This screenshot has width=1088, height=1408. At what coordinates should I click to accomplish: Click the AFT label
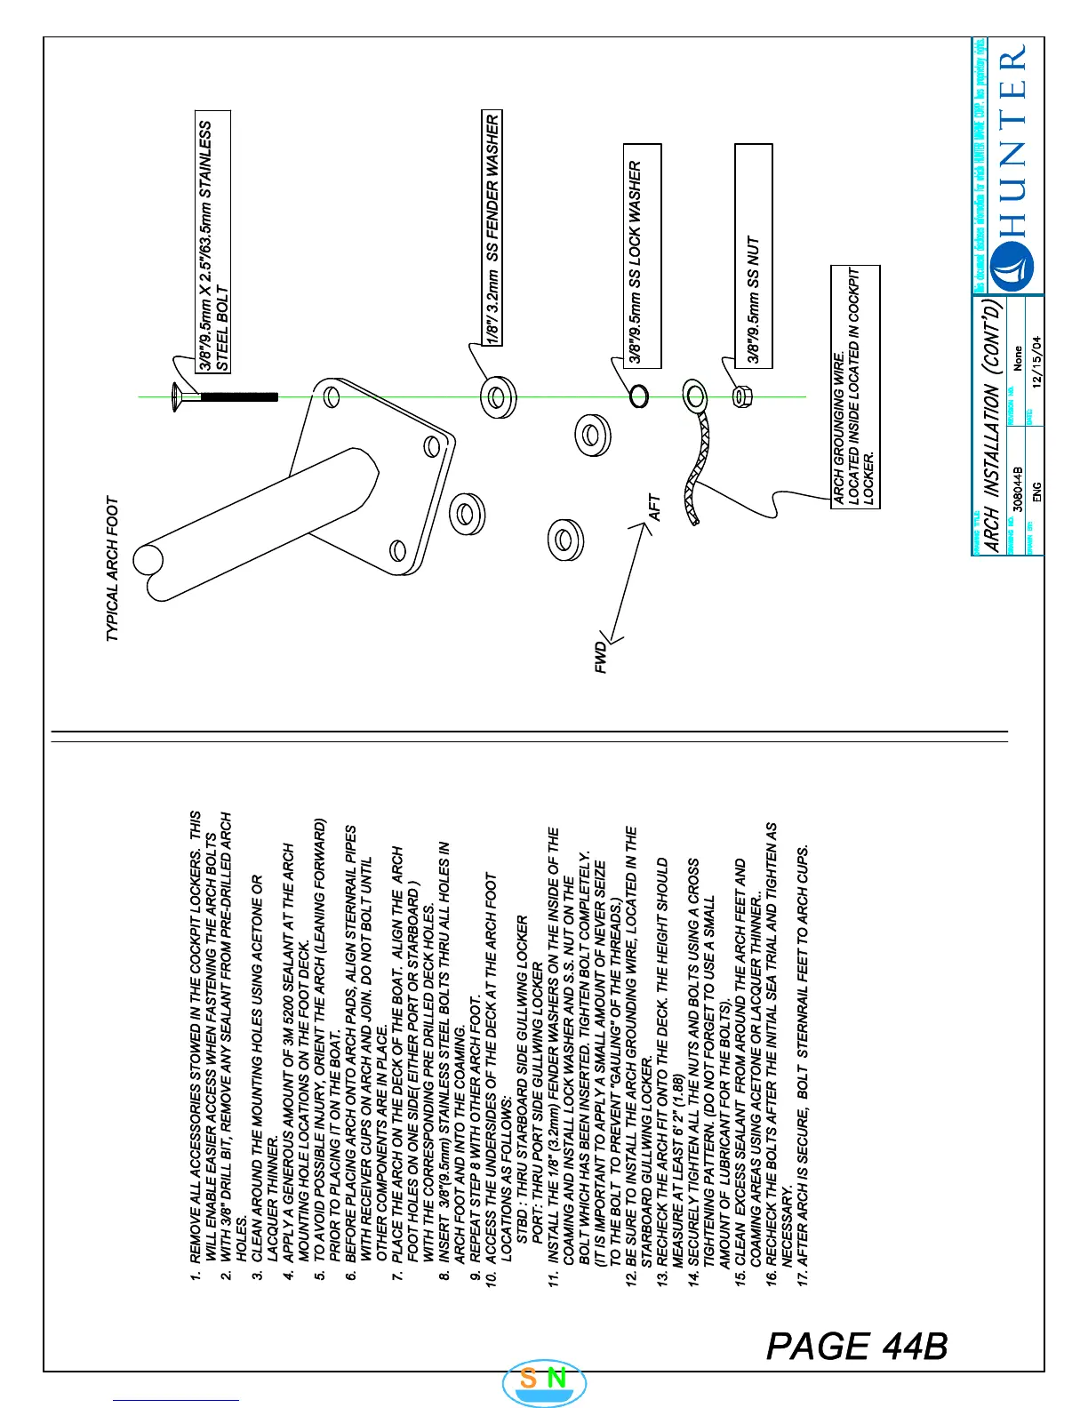pyautogui.click(x=655, y=508)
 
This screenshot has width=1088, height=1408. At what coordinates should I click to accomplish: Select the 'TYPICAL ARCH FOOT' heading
pyautogui.click(x=113, y=569)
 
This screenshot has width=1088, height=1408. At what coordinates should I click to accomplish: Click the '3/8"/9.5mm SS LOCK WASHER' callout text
pyautogui.click(x=636, y=262)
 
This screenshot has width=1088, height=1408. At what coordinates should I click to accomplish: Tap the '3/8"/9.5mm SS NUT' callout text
pyautogui.click(x=754, y=300)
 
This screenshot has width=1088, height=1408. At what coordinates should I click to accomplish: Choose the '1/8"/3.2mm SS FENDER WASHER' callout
pyautogui.click(x=492, y=229)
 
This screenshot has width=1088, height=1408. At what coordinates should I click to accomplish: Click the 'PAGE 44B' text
pyautogui.click(x=857, y=1346)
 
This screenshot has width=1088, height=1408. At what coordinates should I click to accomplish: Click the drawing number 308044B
pyautogui.click(x=1017, y=488)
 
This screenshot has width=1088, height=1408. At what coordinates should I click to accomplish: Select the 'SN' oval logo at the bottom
pyautogui.click(x=544, y=1380)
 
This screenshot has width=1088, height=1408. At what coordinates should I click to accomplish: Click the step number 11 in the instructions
pyautogui.click(x=553, y=1278)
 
